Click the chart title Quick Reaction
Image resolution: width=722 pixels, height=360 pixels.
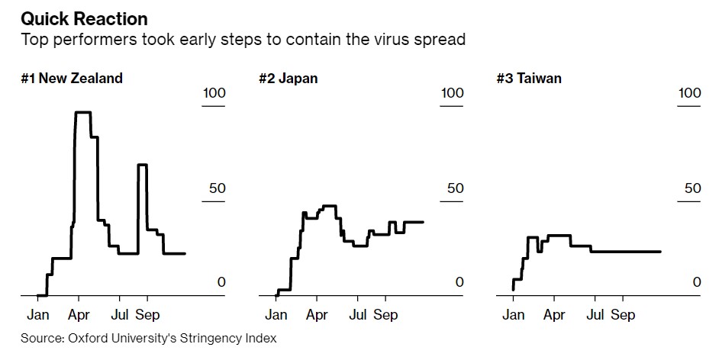pyautogui.click(x=85, y=18)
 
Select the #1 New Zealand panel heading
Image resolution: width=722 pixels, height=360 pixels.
pyautogui.click(x=72, y=78)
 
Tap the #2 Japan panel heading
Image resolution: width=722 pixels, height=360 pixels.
pyautogui.click(x=289, y=78)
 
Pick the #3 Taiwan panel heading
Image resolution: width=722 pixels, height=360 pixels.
pyautogui.click(x=529, y=78)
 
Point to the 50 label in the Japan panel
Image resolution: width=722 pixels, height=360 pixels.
pyautogui.click(x=455, y=188)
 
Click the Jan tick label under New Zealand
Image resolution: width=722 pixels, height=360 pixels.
pyautogui.click(x=38, y=314)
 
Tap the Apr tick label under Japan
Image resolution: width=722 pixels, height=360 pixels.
pyautogui.click(x=317, y=314)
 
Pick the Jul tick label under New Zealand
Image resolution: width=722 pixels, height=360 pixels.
pyautogui.click(x=120, y=314)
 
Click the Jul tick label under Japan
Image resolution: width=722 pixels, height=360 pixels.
pyautogui.click(x=359, y=314)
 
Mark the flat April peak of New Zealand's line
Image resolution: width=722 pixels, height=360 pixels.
pyautogui.click(x=82, y=112)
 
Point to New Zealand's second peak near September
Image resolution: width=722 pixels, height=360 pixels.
pyautogui.click(x=142, y=165)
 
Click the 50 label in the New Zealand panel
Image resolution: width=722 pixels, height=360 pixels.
pyautogui.click(x=218, y=188)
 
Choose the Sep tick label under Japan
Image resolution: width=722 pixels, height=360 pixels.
pyautogui.click(x=386, y=314)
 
